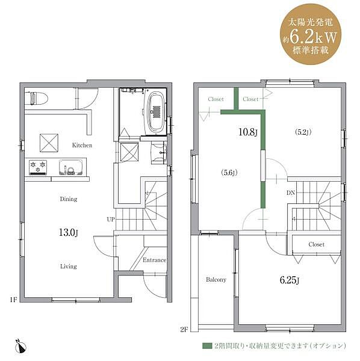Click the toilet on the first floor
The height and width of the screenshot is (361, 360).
pyautogui.click(x=36, y=98)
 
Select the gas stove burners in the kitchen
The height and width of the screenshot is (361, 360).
pyautogui.click(x=38, y=167)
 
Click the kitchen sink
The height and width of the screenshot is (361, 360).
pyautogui.click(x=70, y=167)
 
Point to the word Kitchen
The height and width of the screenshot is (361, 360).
pyautogui.click(x=82, y=145)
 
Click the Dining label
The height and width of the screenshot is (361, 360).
pyautogui.click(x=69, y=199)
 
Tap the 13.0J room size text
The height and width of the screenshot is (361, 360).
pyautogui.click(x=69, y=232)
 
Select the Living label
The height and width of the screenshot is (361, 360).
pyautogui.click(x=69, y=267)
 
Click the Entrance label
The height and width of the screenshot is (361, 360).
pyautogui.click(x=154, y=260)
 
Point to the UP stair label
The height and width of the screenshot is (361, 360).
pyautogui.click(x=111, y=220)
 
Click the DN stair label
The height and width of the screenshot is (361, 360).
pyautogui.click(x=291, y=193)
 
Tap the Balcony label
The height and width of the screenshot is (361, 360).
pyautogui.click(x=216, y=280)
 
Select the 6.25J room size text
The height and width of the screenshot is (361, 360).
pyautogui.click(x=290, y=280)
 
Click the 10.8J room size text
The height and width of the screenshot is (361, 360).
pyautogui.click(x=247, y=132)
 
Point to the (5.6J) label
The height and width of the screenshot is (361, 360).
pyautogui.click(x=229, y=173)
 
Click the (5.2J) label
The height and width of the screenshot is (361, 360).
pyautogui.click(x=303, y=132)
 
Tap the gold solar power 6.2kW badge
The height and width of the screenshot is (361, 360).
pyautogui.click(x=311, y=34)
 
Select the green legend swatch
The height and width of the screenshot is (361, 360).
pyautogui.click(x=207, y=346)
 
